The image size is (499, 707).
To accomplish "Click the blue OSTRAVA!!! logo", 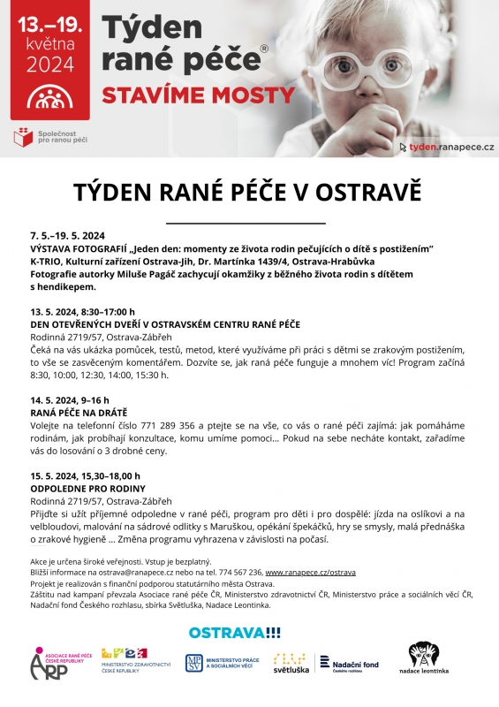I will (234, 633).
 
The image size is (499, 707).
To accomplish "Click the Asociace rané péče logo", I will (57, 663).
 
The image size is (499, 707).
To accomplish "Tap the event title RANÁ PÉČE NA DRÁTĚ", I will (79, 412).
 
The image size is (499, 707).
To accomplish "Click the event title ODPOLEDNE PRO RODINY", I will (87, 488).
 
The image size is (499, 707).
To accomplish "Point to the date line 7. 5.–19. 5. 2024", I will (68, 236).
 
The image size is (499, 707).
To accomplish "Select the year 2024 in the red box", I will (50, 64).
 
